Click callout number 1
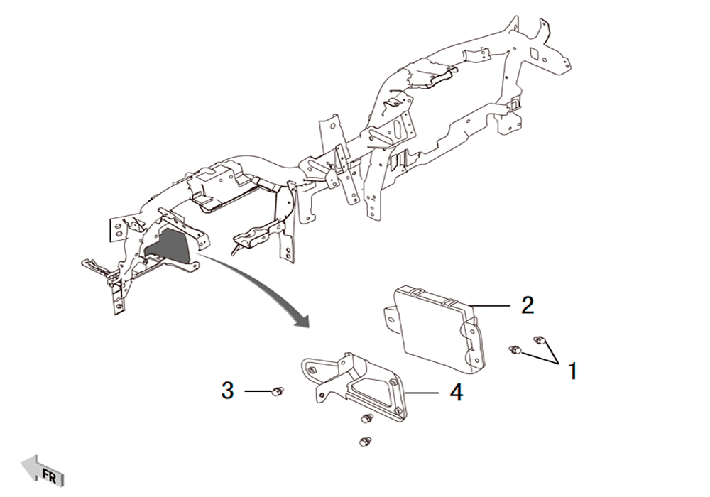coord(573,371)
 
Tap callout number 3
coord(228,390)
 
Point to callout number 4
coord(457,393)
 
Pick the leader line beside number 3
coord(258,390)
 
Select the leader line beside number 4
coord(422,393)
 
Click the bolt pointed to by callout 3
coord(277,392)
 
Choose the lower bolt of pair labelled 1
coord(515,349)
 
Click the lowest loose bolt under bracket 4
coord(364,442)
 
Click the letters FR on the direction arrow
coord(49,476)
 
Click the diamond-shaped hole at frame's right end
coord(535,53)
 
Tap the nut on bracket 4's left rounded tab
coord(312,371)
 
